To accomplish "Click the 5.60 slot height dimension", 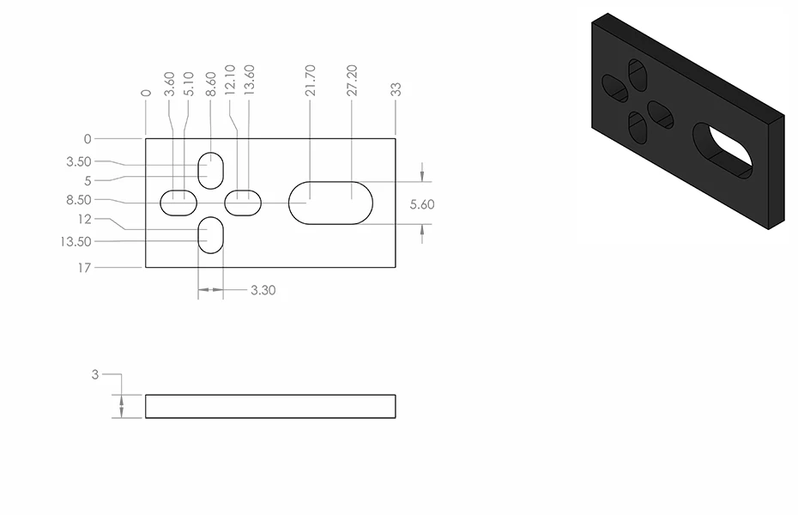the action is pyautogui.click(x=423, y=204).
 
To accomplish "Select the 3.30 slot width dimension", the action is pyautogui.click(x=263, y=290).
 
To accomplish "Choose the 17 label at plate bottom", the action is pyautogui.click(x=84, y=268).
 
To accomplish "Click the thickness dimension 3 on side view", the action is pyautogui.click(x=95, y=374).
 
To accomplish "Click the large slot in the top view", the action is pyautogui.click(x=330, y=203).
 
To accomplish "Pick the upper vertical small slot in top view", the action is pyautogui.click(x=210, y=169).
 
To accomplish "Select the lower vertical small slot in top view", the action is pyautogui.click(x=210, y=235).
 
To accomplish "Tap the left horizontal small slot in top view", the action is pyautogui.click(x=178, y=203).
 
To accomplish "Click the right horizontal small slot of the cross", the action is pyautogui.click(x=243, y=203).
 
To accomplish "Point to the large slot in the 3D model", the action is pyautogui.click(x=722, y=153).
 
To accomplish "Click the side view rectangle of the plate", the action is pyautogui.click(x=270, y=406).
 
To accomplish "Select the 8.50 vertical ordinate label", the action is pyautogui.click(x=78, y=200).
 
